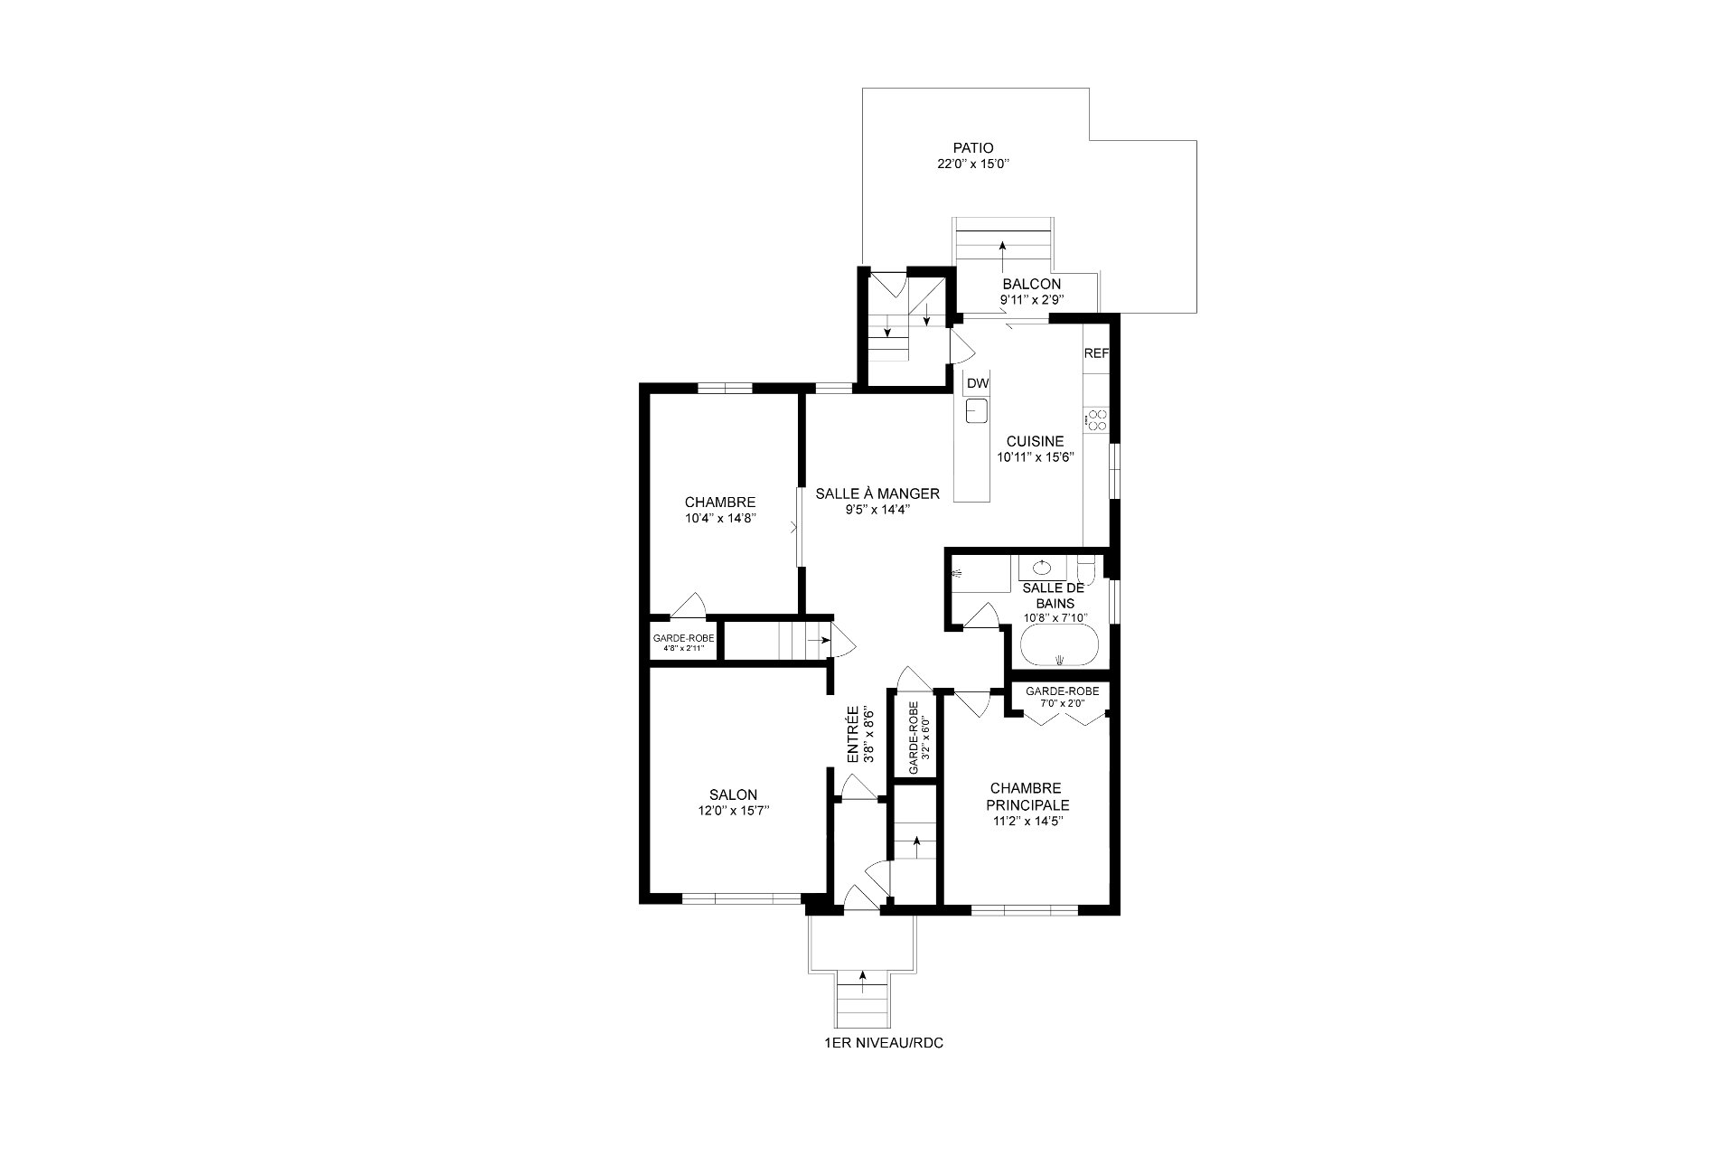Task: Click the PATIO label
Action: (x=972, y=148)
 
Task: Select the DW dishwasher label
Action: (x=977, y=384)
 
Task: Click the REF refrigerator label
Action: (x=1095, y=353)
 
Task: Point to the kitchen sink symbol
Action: (x=976, y=412)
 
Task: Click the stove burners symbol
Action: (x=1097, y=419)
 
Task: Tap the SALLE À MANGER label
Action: (x=877, y=493)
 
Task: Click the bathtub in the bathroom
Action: (x=1059, y=648)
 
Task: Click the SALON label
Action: (x=739, y=795)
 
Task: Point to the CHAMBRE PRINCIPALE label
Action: (x=1027, y=796)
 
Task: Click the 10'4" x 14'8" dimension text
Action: (x=719, y=519)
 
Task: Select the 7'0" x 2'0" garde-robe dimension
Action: (x=1062, y=703)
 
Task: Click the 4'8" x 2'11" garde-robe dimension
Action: (x=684, y=648)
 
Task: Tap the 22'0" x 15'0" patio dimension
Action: (x=972, y=164)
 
